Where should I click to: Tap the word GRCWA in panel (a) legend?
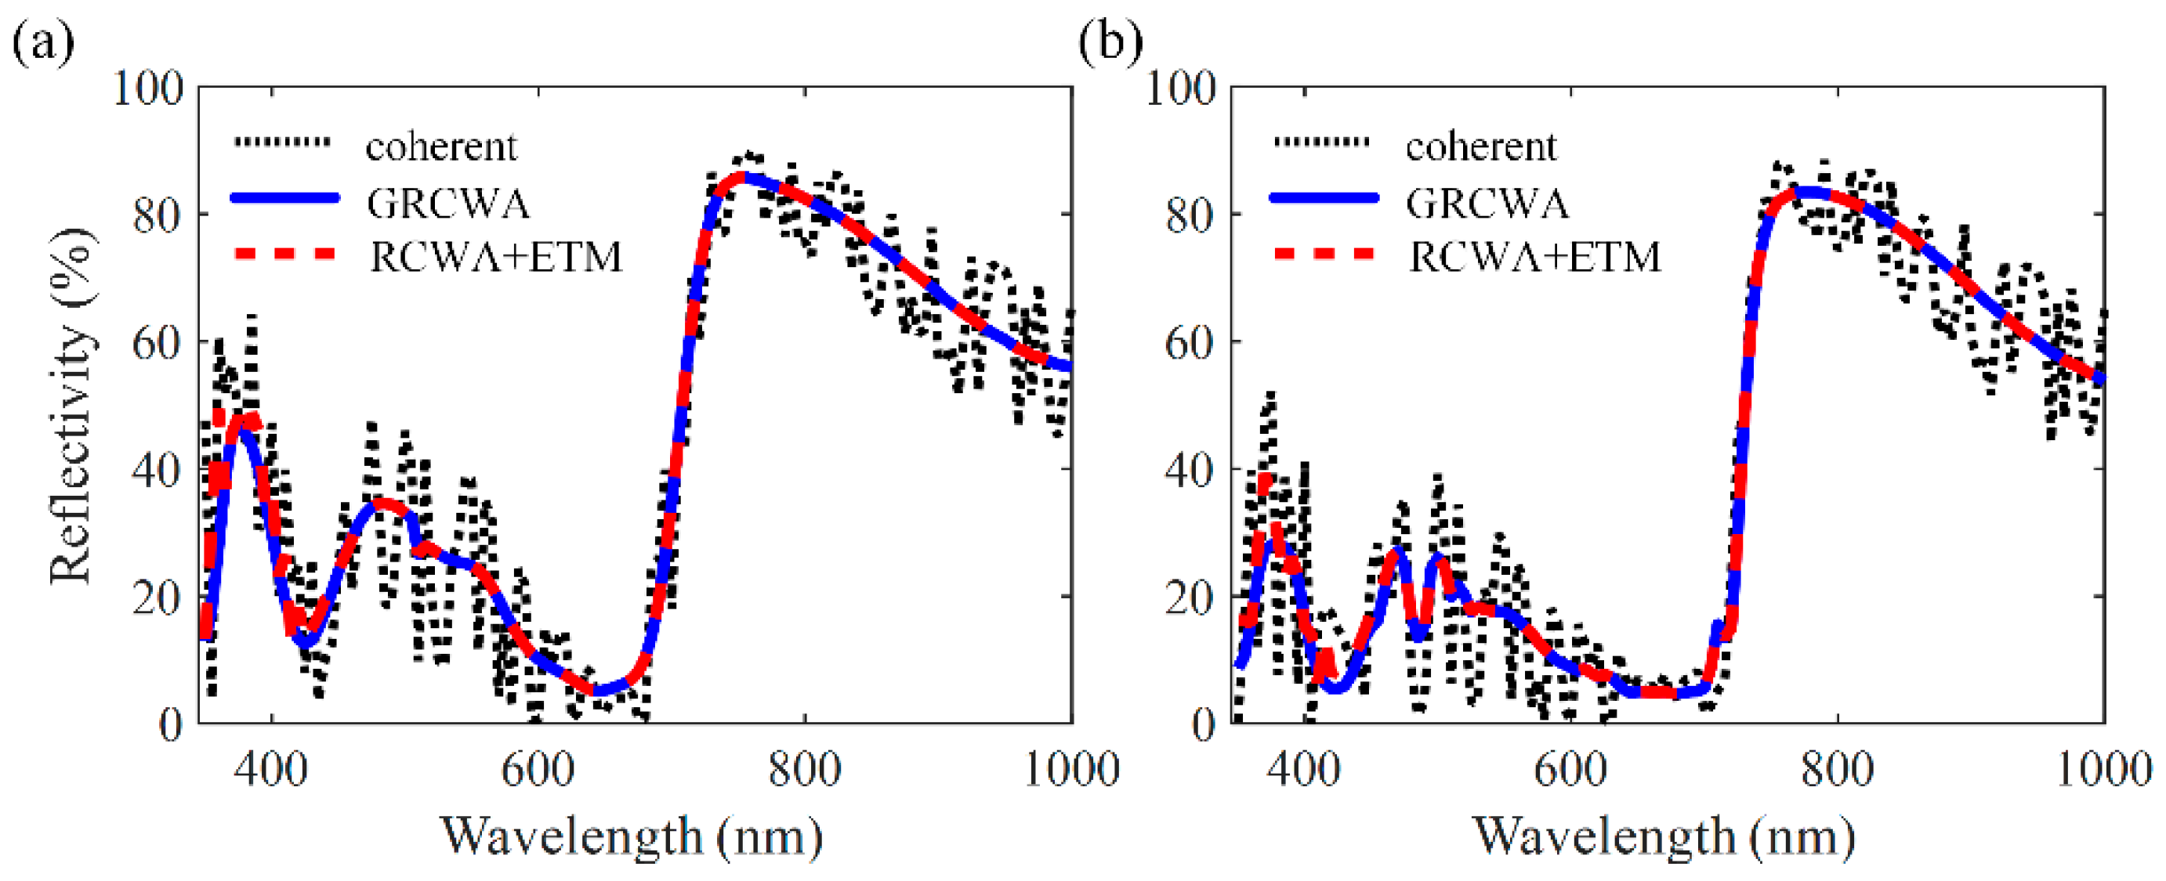[448, 204]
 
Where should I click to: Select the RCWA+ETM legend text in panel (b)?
[1535, 256]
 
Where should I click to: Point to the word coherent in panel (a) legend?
[441, 147]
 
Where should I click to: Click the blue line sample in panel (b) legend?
[1324, 198]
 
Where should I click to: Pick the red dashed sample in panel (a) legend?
[284, 253]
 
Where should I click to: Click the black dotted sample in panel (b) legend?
[1324, 142]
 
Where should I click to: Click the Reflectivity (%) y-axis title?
[71, 405]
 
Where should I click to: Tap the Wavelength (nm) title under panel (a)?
[632, 836]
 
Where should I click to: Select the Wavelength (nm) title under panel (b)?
[1665, 836]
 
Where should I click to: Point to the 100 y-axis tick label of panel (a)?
[148, 88]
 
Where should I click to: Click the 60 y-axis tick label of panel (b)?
[1190, 342]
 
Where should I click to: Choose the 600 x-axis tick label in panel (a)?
[538, 769]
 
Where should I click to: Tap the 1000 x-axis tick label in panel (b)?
[2102, 769]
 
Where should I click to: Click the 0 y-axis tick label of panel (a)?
[170, 724]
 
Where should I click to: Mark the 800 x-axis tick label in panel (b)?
[1837, 769]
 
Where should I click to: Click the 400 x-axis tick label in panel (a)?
[271, 769]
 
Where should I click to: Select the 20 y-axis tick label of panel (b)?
[1190, 598]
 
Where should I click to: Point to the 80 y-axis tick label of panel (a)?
[158, 215]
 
